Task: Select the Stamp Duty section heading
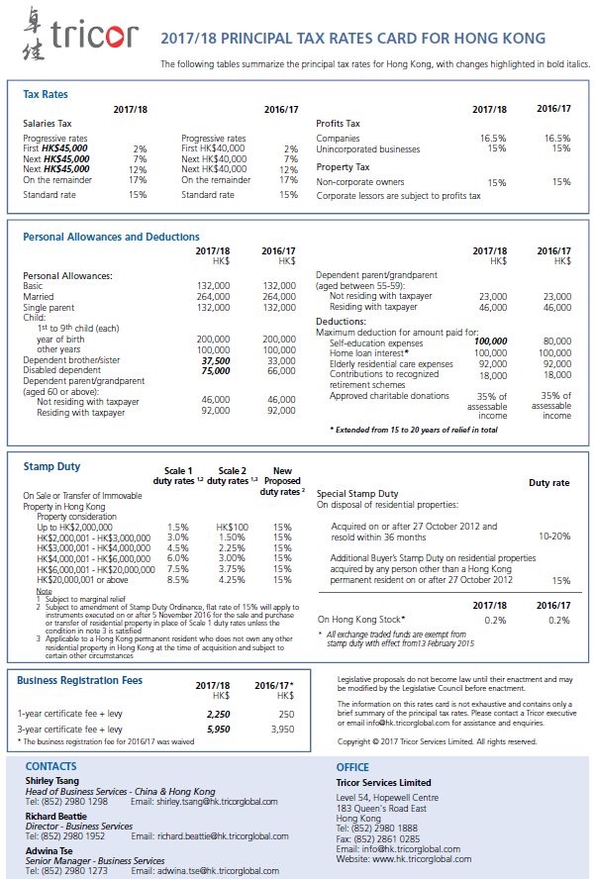tap(51, 465)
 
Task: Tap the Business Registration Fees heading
tap(79, 681)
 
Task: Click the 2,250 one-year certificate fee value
tap(218, 713)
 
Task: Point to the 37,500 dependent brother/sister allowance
tap(215, 361)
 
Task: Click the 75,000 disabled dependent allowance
tap(215, 370)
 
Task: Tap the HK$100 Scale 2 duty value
tap(232, 527)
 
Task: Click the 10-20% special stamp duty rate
tap(554, 536)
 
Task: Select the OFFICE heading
tap(352, 767)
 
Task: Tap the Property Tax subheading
tap(343, 167)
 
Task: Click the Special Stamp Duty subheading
tap(357, 493)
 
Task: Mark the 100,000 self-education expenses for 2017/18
tap(490, 342)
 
